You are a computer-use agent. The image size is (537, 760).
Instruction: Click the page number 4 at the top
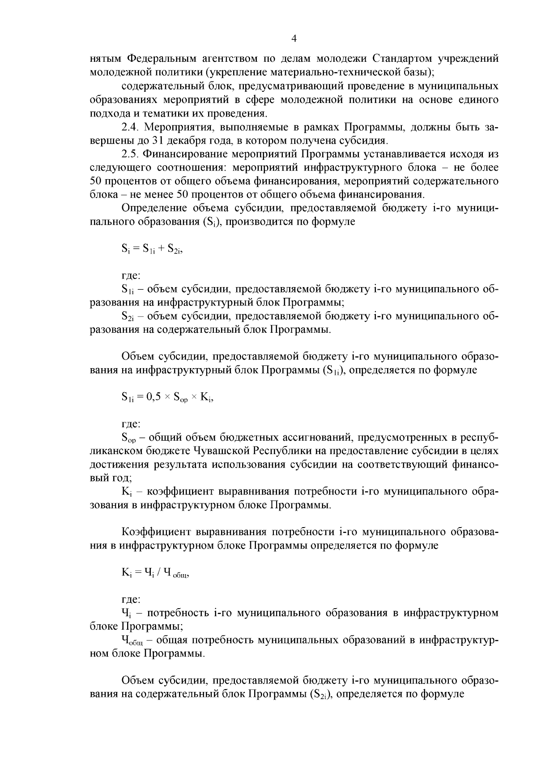tap(294, 39)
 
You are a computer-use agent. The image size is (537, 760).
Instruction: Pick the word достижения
tap(119, 465)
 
